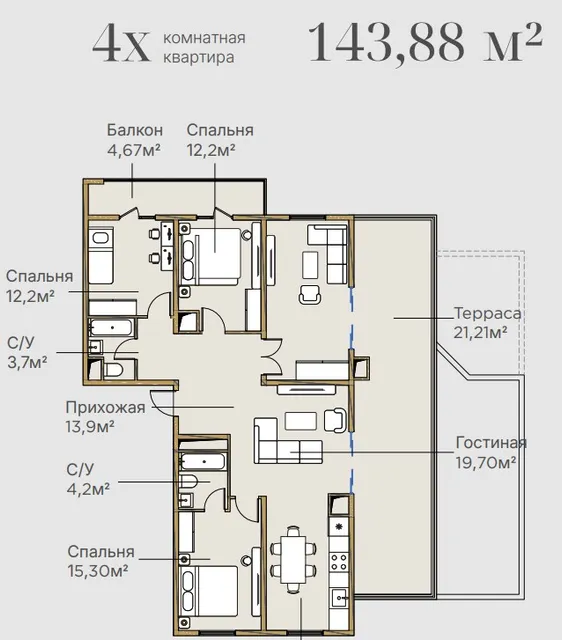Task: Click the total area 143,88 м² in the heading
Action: coord(426,43)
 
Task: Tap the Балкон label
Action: coord(135,130)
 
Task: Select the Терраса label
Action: coord(487,313)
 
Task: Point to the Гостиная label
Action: coord(491,442)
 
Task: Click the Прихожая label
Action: coord(105,407)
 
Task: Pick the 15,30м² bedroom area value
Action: coord(98,571)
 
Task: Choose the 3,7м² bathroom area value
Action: coord(27,362)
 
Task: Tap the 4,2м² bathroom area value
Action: coord(88,488)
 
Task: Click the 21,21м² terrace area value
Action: coord(480,332)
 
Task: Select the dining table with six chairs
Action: coord(293,560)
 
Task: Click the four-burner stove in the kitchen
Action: coord(339,562)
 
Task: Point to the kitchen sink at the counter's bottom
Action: coord(340,598)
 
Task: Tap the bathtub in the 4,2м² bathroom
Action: coord(203,462)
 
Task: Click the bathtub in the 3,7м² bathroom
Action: coord(111,328)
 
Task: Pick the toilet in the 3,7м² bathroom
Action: coord(113,370)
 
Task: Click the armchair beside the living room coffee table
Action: coord(335,420)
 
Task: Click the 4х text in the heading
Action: coord(121,43)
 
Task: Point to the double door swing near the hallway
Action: coord(272,356)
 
